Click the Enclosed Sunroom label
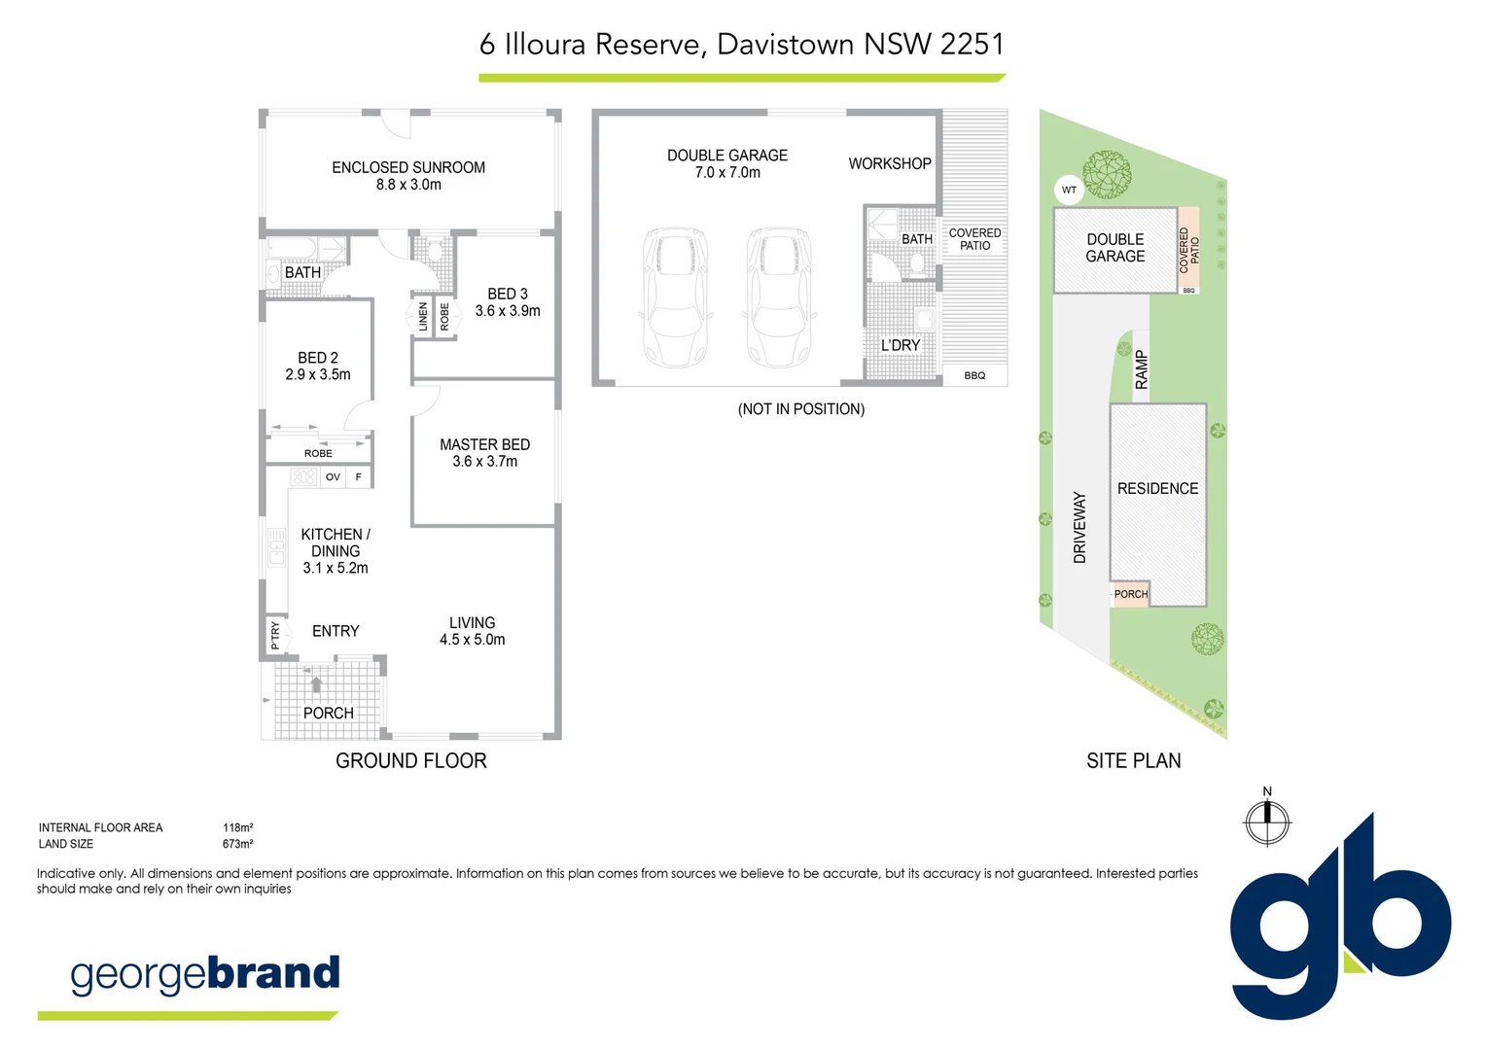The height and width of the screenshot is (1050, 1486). (408, 167)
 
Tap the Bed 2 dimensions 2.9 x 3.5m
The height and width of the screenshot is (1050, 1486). (318, 374)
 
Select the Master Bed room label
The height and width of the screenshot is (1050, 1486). (484, 444)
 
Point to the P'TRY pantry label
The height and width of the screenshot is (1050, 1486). (275, 635)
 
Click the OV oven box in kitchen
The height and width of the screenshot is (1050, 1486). (333, 477)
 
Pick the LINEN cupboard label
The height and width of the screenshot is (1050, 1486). (423, 316)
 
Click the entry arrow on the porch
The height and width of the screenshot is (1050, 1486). (316, 683)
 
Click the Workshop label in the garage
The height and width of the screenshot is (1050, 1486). (889, 163)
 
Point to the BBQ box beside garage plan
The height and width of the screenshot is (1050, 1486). (974, 375)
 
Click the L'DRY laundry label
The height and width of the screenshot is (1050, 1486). (900, 345)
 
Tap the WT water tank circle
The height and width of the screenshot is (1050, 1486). (1069, 190)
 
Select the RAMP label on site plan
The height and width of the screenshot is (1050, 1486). (1142, 370)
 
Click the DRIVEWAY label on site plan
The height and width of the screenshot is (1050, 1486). (1079, 527)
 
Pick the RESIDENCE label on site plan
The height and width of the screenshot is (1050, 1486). (1157, 488)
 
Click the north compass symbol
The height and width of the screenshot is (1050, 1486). (1267, 822)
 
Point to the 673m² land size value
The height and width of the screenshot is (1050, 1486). (237, 844)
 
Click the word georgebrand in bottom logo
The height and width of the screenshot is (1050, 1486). (205, 974)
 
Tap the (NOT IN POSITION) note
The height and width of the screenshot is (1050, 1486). (800, 409)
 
